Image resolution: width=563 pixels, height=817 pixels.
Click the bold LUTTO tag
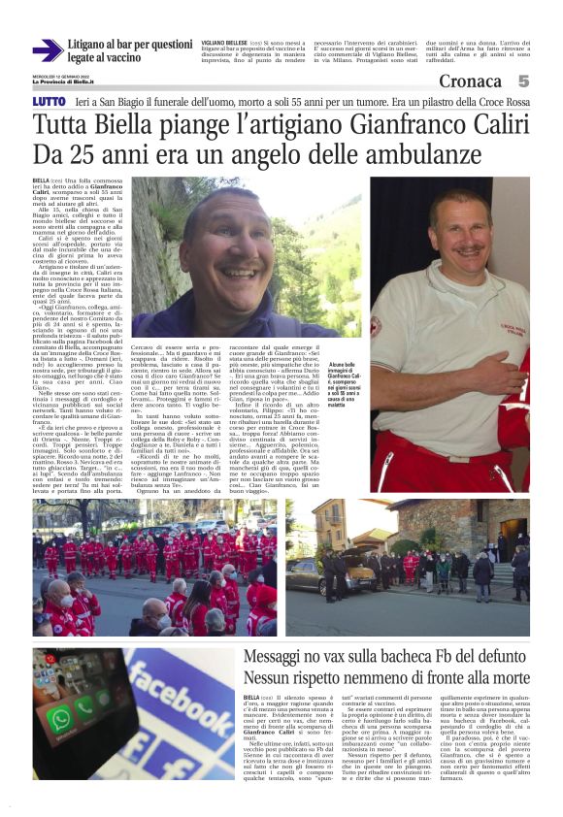[x=49, y=101]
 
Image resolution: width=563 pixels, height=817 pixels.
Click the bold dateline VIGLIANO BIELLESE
[x=224, y=44]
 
